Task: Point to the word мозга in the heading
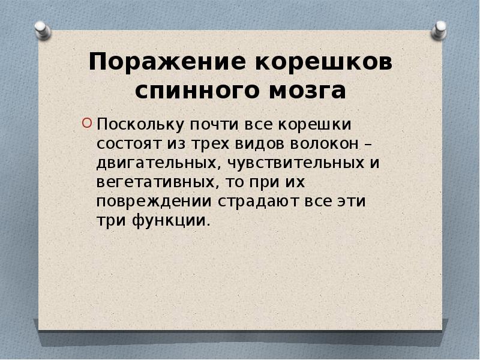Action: click(x=305, y=91)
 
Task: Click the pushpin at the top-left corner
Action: click(x=42, y=28)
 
